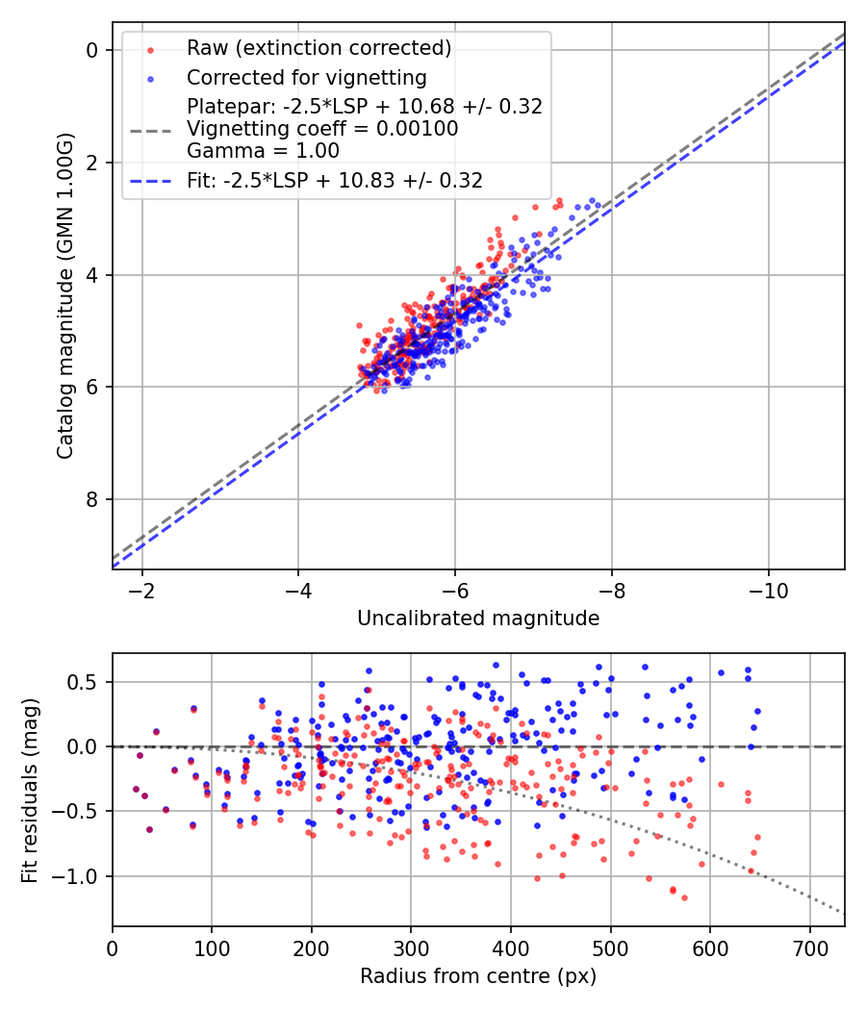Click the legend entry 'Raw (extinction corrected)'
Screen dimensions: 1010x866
pos(318,48)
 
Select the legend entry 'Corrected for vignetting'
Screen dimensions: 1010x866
pos(306,77)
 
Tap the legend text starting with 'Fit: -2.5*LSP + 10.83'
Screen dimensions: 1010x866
pos(335,179)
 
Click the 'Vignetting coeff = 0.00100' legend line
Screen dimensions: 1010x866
pos(322,128)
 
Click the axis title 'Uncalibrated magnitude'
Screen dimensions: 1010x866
pos(478,619)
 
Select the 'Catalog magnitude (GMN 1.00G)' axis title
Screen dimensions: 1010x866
pos(64,297)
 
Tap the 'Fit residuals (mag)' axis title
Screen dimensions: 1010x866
pos(30,790)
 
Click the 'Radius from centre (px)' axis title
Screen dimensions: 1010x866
pos(478,976)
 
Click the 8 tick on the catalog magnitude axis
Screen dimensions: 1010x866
pos(92,499)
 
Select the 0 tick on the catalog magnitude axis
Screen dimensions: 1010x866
pos(92,50)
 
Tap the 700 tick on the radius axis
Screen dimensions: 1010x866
pos(809,947)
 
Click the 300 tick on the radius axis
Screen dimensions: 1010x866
pos(411,947)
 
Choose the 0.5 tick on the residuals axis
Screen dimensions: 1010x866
pos(88,682)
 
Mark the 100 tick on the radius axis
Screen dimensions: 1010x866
pos(212,947)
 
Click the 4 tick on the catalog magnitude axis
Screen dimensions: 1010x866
pos(92,275)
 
